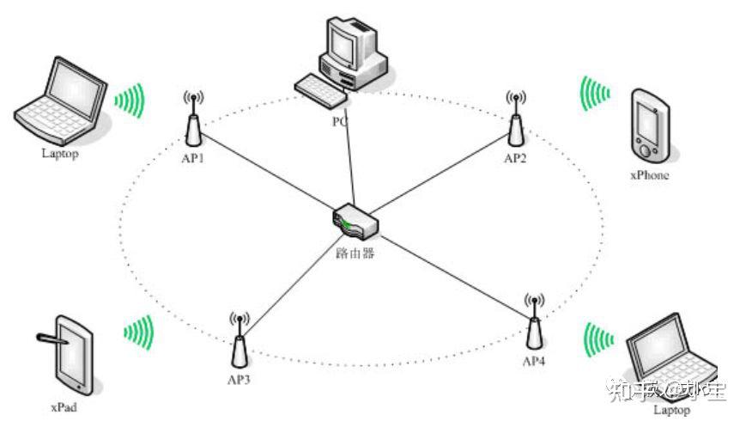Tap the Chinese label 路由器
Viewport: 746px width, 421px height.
(355, 253)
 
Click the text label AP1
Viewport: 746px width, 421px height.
(192, 159)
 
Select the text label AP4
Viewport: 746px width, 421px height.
(533, 361)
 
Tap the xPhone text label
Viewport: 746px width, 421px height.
(649, 175)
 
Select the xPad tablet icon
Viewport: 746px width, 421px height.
(72, 357)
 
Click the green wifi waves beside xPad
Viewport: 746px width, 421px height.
(138, 331)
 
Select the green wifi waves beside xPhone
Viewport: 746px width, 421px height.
(593, 93)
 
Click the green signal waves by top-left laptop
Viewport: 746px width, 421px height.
(130, 101)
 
